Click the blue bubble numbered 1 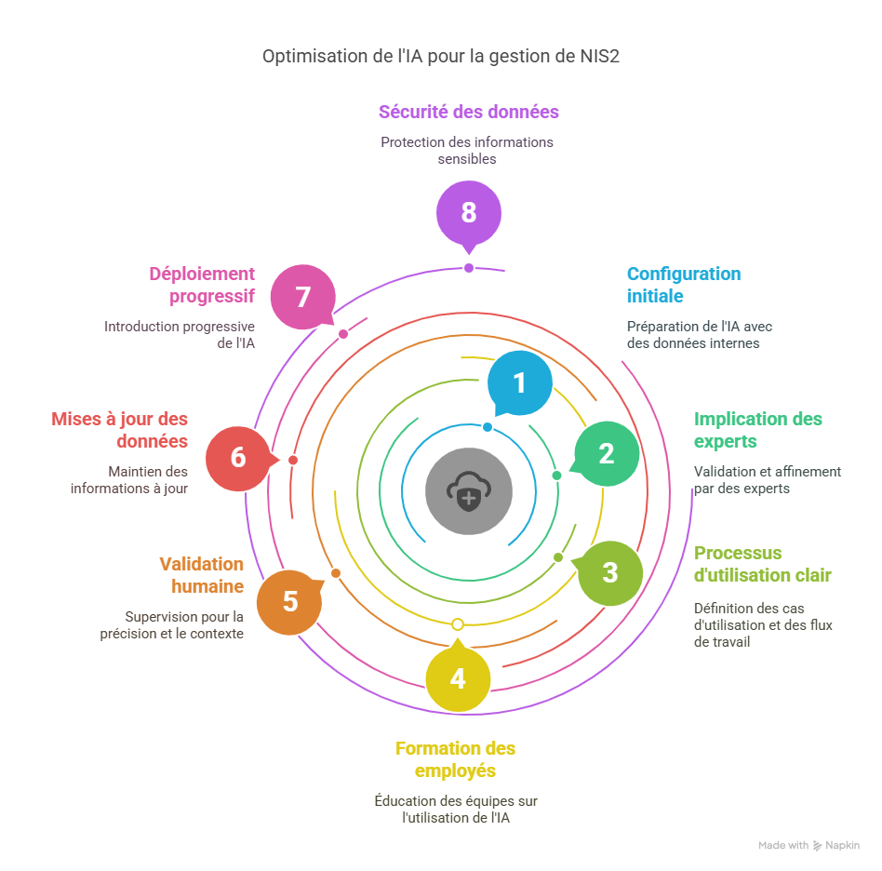point(519,382)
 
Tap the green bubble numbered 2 point(606,453)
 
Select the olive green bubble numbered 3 point(609,572)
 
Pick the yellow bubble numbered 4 point(458,678)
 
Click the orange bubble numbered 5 point(289,601)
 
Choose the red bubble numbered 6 point(238,458)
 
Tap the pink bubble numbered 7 point(302,298)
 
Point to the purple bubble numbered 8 point(469,212)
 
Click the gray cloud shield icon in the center point(468,489)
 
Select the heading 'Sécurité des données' point(468,112)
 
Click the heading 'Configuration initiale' point(683,285)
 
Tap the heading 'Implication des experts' point(757,430)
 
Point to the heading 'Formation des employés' point(455,759)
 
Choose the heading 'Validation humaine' point(202,575)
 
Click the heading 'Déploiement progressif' point(202,285)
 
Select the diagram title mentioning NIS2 point(440,57)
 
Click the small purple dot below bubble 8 point(469,268)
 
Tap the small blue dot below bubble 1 point(488,427)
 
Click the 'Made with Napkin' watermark point(808,845)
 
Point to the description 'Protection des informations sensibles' point(467,150)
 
